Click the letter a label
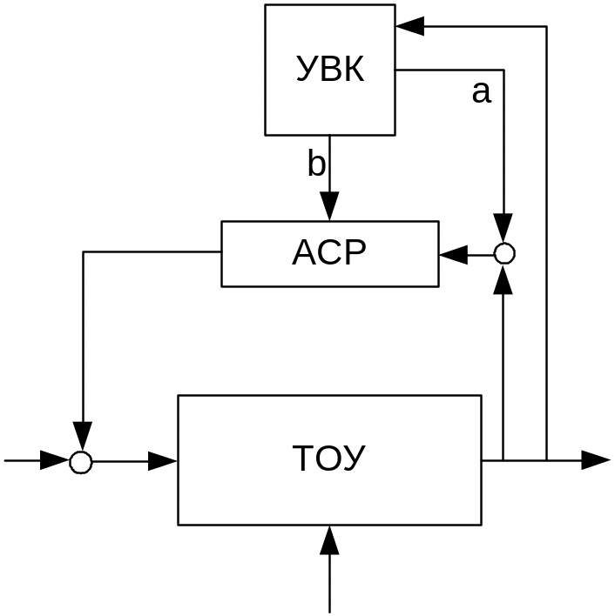[x=481, y=91]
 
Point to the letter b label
[x=316, y=164]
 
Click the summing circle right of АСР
[x=504, y=254]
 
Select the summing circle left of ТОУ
[x=81, y=462]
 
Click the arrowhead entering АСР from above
[x=329, y=207]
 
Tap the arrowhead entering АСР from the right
[x=453, y=254]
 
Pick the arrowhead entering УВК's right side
[x=409, y=26]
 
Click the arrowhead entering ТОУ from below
[x=329, y=541]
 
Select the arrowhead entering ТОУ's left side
[x=163, y=461]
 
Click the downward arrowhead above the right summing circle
[x=504, y=228]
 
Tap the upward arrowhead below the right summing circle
[x=504, y=280]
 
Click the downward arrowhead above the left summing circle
[x=82, y=435]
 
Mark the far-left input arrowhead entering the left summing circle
[x=54, y=461]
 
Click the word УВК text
[x=330, y=70]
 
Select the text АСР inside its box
[x=329, y=253]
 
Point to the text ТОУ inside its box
[x=329, y=459]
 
